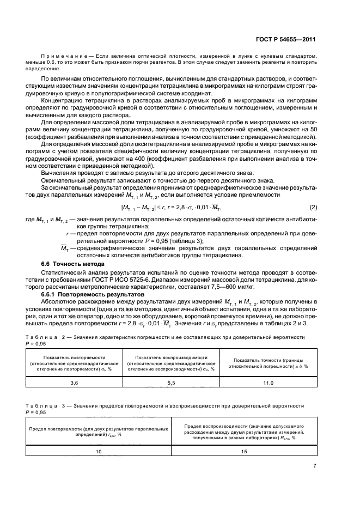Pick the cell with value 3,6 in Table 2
[x=74, y=384]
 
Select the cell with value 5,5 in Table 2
[x=170, y=384]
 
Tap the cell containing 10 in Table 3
[x=99, y=451]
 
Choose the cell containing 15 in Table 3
[x=244, y=451]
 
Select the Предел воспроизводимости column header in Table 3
[x=244, y=430]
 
